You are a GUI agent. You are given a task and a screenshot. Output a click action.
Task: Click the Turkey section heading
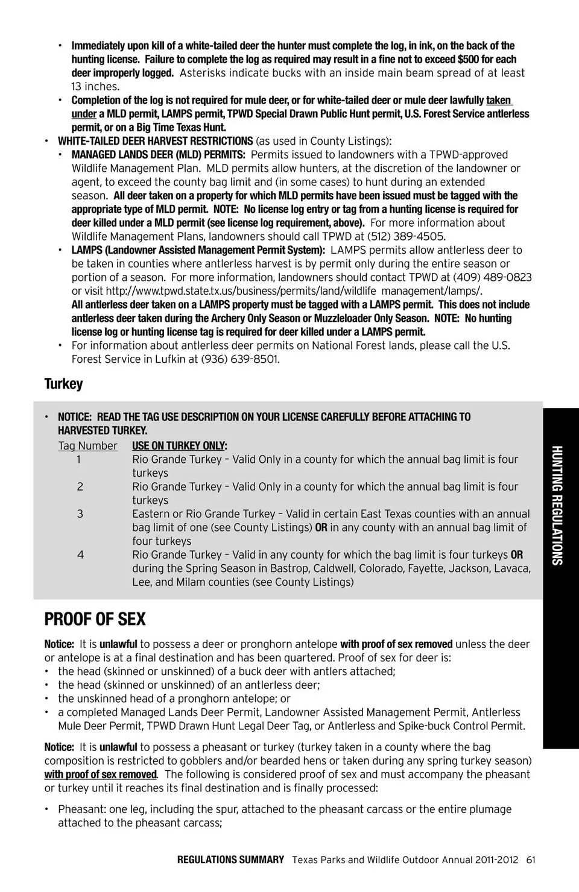[63, 384]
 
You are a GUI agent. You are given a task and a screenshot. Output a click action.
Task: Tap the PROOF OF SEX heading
[95, 619]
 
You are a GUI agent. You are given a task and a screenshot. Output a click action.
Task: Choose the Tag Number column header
[87, 446]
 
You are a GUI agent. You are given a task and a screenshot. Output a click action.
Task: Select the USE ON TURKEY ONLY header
[179, 446]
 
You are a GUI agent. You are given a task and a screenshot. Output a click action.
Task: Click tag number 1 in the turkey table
[79, 459]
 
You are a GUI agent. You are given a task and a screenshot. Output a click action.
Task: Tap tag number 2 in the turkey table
[80, 486]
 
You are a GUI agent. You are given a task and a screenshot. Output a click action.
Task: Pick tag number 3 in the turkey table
[80, 514]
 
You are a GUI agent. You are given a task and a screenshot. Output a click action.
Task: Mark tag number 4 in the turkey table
[80, 554]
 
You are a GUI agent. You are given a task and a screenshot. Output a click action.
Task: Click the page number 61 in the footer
[530, 860]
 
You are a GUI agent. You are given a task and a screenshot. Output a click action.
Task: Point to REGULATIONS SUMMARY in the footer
[230, 860]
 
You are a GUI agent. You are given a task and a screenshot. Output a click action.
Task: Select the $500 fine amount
[468, 59]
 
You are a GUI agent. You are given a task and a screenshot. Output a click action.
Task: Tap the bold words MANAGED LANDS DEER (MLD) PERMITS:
[158, 155]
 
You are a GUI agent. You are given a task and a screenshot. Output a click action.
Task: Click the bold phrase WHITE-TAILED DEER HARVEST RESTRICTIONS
[155, 141]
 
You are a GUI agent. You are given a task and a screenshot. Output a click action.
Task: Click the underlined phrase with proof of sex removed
[101, 774]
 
